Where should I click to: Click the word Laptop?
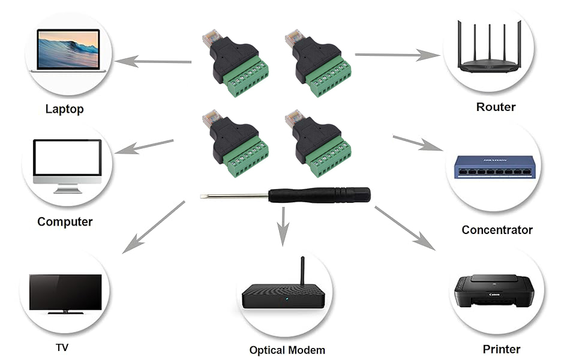[x=65, y=109]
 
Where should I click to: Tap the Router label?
[x=496, y=107]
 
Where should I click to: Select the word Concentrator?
[x=497, y=230]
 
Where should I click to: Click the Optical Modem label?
[x=287, y=350]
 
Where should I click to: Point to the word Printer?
[x=502, y=349]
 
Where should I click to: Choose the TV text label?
[x=62, y=347]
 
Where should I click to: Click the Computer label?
[x=65, y=221]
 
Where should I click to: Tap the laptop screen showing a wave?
[x=68, y=49]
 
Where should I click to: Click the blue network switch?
[x=495, y=167]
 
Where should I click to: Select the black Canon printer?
[x=494, y=292]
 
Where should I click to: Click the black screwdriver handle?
[x=319, y=195]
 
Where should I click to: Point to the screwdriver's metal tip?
[x=202, y=196]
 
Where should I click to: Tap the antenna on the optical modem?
[x=302, y=271]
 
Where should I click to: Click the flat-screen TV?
[x=65, y=293]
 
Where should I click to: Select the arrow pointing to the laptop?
[x=153, y=61]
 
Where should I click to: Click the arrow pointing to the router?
[x=398, y=55]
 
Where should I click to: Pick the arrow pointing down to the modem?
[x=283, y=226]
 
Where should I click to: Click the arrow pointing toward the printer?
[x=404, y=228]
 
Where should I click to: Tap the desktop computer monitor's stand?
[x=67, y=189]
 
